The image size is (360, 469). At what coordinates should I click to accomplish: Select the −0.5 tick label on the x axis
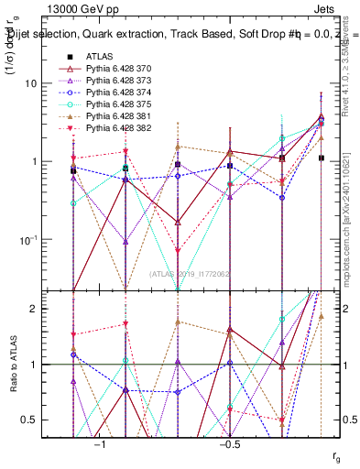tap(229, 444)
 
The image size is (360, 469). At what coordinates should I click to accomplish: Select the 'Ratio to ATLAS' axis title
tap(13, 364)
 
